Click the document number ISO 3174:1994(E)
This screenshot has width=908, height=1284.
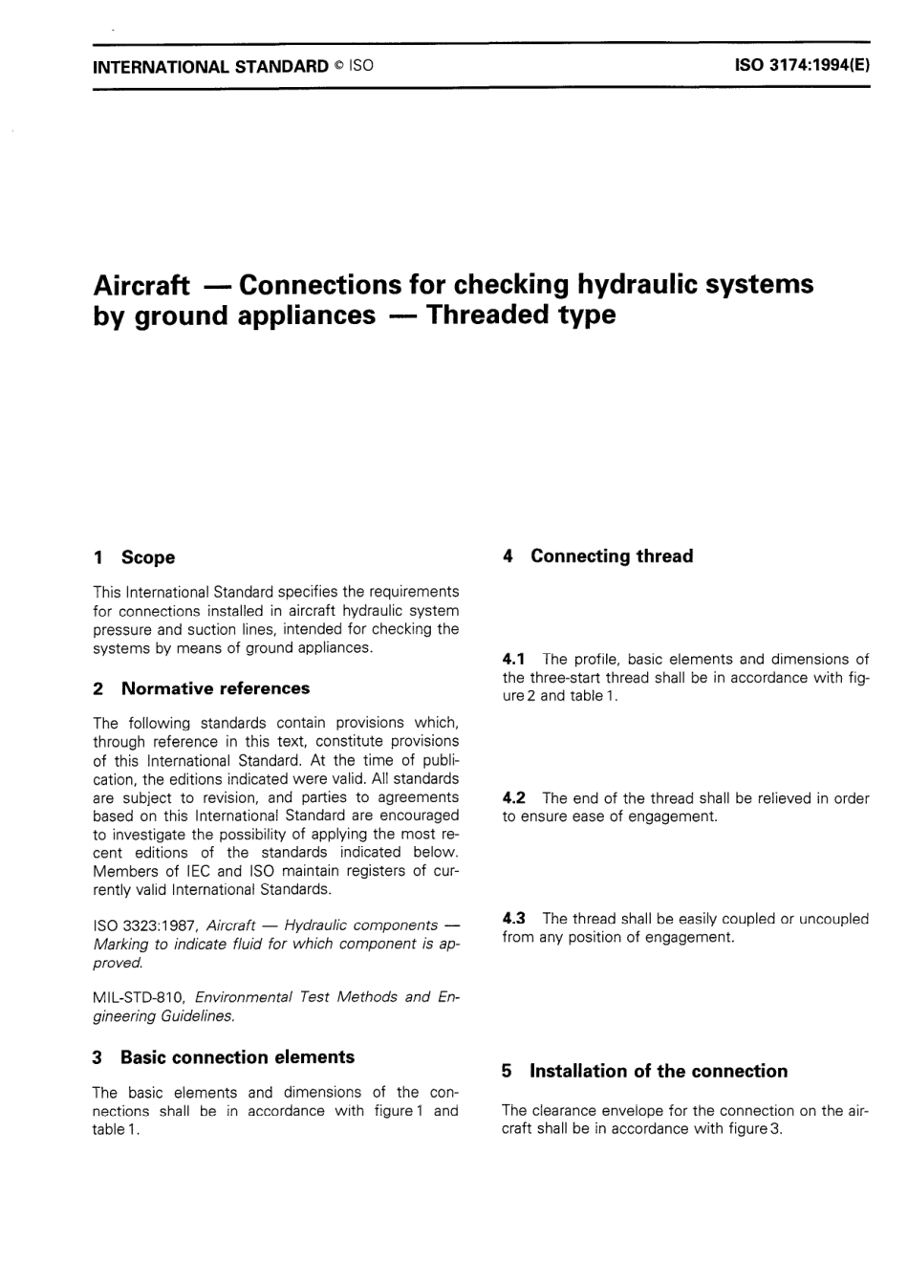point(801,67)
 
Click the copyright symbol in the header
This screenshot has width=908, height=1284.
point(338,67)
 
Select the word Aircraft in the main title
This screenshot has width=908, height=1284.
point(141,285)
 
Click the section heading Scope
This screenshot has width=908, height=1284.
point(148,557)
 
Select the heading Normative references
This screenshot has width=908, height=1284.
point(215,688)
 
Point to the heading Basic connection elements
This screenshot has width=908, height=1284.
point(237,1057)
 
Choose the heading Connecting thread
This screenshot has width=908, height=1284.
point(612,556)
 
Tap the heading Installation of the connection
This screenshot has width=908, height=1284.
point(659,1071)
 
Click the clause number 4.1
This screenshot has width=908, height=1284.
point(514,659)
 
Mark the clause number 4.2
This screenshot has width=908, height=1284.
point(514,797)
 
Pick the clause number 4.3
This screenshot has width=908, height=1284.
point(514,919)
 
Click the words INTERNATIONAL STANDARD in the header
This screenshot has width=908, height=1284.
point(210,67)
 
